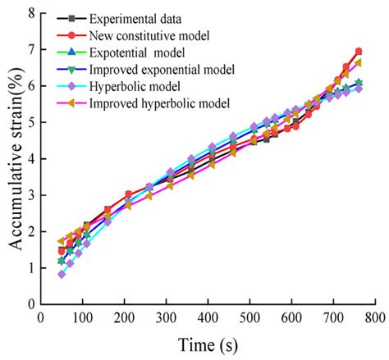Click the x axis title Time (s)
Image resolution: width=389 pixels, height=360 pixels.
[x=208, y=344]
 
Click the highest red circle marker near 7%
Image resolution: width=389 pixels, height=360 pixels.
[x=358, y=52]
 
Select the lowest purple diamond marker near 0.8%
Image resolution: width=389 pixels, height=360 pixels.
[x=62, y=274]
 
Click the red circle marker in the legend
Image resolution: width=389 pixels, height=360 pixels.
[x=73, y=35]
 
